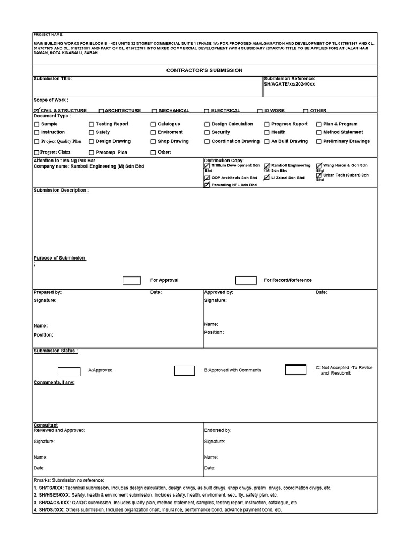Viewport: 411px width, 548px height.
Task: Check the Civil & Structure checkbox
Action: click(x=36, y=110)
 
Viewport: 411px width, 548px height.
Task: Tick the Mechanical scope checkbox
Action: click(x=155, y=111)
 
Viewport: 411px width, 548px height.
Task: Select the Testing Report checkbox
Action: click(x=92, y=124)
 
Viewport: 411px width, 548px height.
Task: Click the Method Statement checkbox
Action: click(x=319, y=132)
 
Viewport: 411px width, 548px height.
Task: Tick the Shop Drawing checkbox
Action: click(x=153, y=142)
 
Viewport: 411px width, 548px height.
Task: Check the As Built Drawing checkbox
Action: click(x=267, y=142)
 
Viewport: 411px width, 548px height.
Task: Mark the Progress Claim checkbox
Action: click(x=36, y=153)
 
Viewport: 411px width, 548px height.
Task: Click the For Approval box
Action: click(x=132, y=280)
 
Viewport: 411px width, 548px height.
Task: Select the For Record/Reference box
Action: click(x=246, y=280)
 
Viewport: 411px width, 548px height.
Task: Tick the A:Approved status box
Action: click(x=68, y=371)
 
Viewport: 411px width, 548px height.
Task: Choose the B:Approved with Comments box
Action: click(x=184, y=370)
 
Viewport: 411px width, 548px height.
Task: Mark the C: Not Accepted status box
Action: click(x=295, y=370)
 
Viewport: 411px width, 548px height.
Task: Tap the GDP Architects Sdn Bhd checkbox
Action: click(x=207, y=177)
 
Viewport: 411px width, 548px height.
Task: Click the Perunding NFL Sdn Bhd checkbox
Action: click(x=207, y=185)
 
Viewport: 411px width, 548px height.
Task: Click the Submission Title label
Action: click(x=52, y=79)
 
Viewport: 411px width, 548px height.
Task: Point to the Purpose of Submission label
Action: click(x=59, y=258)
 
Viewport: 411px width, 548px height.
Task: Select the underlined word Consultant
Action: click(x=45, y=425)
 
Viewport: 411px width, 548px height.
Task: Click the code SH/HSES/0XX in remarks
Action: click(x=52, y=495)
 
